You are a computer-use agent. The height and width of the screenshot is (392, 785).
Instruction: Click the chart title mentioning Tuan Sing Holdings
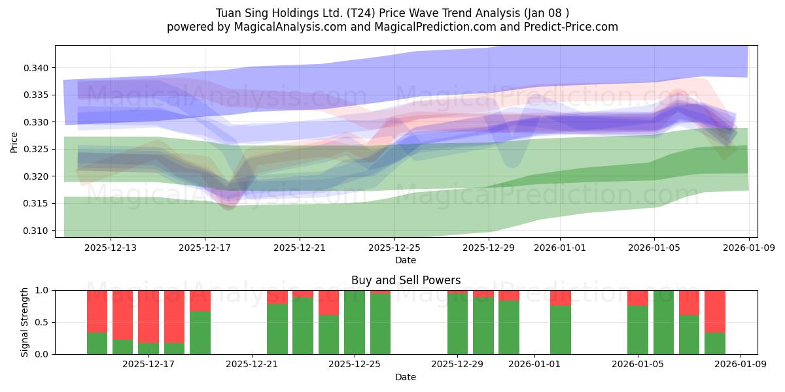pos(392,12)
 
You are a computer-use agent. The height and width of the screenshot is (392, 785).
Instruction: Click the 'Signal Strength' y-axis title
pos(24,322)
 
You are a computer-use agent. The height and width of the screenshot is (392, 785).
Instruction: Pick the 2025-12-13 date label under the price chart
pos(111,248)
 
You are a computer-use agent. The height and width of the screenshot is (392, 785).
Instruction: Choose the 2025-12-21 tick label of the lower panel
pos(252,365)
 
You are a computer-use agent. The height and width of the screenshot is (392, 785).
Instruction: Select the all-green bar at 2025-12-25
pos(355,322)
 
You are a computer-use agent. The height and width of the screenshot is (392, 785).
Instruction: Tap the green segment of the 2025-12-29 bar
pos(457,324)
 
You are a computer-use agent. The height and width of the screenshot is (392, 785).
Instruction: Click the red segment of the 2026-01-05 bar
pos(638,298)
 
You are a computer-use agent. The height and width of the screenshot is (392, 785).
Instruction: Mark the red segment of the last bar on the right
pos(715,311)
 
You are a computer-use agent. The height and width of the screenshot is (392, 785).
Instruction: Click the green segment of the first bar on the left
pos(97,344)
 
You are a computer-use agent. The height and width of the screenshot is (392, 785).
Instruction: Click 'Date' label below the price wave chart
pos(406,260)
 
